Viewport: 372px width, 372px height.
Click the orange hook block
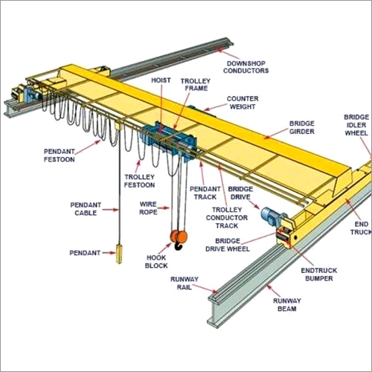[179, 237]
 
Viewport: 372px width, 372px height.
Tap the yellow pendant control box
[119, 254]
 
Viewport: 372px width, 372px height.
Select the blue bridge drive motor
[271, 216]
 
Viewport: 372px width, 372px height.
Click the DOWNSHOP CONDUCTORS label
[246, 67]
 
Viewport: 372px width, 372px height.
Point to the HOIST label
[161, 80]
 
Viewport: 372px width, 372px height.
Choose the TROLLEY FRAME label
[196, 85]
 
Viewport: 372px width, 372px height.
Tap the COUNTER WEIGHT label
[243, 103]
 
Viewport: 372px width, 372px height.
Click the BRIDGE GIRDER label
[302, 127]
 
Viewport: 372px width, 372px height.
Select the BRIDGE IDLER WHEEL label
[356, 125]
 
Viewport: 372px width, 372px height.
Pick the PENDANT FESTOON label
[60, 155]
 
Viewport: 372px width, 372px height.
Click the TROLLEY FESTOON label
[139, 181]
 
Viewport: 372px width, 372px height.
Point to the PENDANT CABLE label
[86, 209]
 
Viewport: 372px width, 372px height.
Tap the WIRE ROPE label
[148, 208]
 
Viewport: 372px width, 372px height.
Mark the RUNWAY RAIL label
[185, 283]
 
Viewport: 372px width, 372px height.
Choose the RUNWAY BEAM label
[287, 305]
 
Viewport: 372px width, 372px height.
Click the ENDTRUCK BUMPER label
[319, 275]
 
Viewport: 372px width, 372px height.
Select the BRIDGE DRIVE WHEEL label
[228, 245]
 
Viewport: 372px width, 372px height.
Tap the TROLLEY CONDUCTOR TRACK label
[227, 218]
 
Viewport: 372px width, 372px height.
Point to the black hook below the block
[179, 246]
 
